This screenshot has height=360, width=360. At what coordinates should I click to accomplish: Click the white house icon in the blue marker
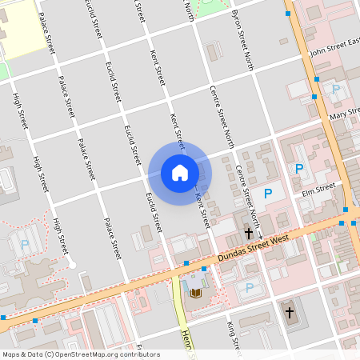click(x=180, y=173)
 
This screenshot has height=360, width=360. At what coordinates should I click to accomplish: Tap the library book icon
click(x=195, y=293)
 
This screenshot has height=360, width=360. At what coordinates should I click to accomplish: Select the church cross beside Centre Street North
click(x=249, y=234)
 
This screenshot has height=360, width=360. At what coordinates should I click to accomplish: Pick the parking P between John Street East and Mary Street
click(x=336, y=90)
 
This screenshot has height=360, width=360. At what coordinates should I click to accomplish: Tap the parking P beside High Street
click(x=24, y=244)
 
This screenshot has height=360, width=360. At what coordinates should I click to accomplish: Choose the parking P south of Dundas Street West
click(x=250, y=287)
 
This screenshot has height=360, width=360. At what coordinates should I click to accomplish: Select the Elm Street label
click(x=318, y=189)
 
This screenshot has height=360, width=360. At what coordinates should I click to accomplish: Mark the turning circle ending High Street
click(x=71, y=264)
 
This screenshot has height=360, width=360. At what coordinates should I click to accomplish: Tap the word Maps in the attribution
click(x=11, y=354)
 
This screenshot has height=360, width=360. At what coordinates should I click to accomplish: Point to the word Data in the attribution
click(x=34, y=354)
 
